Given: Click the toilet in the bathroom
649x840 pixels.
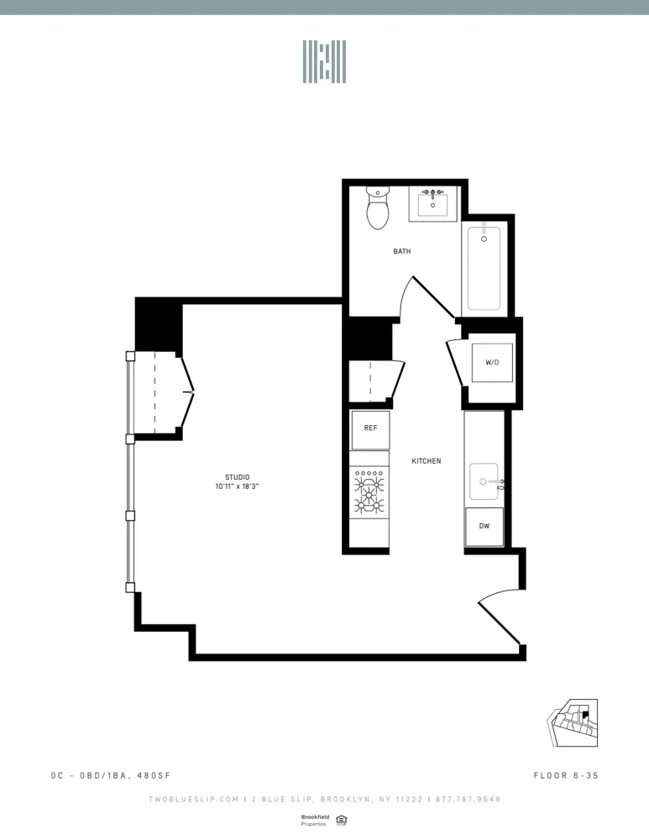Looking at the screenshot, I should pos(378,209).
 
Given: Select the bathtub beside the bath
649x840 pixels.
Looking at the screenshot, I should pos(484,267).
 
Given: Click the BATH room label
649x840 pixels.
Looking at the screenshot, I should pos(402,251).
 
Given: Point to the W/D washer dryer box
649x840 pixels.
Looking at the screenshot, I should pos(492,362).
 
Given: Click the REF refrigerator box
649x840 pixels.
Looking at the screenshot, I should pos(370,428).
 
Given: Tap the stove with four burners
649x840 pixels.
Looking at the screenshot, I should pos(369,491).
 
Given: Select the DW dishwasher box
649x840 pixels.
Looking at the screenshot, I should pos(484,527).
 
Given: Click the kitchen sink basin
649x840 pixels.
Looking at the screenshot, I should pos(484,481).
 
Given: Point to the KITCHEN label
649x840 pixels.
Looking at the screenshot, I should pos(426,461).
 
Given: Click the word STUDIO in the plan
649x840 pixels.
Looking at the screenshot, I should pos(237,477).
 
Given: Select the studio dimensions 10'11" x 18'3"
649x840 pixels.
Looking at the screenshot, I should pos(237,486).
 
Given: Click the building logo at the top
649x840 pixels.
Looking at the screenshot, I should pos(324,61).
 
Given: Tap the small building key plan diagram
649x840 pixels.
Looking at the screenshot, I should pos(573,723).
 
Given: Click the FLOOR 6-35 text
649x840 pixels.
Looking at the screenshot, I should pos(566,775).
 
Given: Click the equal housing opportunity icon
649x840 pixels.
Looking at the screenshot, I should pos(341,820).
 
